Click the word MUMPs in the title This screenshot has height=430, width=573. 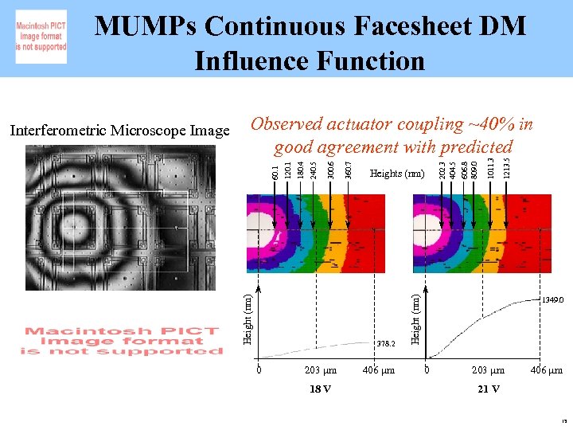point(145,26)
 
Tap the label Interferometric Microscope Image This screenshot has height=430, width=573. point(119,130)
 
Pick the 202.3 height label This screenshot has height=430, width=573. point(443,168)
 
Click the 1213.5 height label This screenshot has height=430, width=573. point(508,166)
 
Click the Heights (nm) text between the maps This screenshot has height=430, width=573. point(398,174)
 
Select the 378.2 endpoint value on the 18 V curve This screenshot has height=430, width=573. point(386,344)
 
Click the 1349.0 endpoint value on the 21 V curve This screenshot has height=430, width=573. point(552,300)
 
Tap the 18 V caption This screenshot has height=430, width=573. point(320,389)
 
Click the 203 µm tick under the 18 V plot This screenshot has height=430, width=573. point(321,370)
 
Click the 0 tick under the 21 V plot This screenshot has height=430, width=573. point(427,370)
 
